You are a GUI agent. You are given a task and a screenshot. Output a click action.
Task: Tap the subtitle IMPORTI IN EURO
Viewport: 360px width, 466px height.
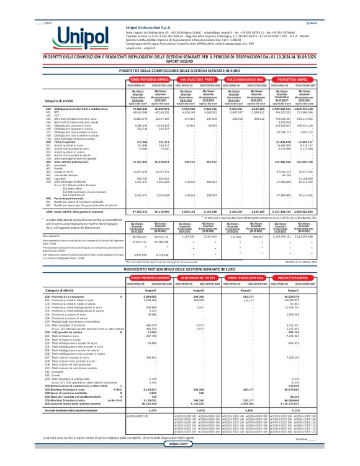(x=180, y=61)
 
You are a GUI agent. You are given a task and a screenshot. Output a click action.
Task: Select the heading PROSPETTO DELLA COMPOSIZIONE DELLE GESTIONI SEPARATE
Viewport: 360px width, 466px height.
(x=180, y=71)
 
